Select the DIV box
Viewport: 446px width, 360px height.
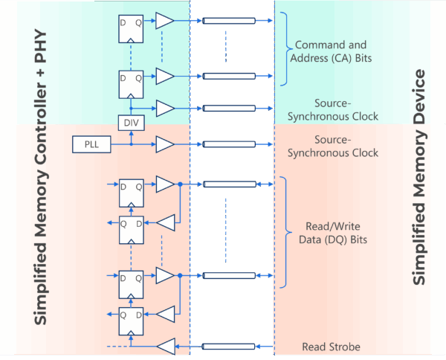[x=129, y=121]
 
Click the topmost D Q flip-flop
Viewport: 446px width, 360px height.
[x=131, y=28]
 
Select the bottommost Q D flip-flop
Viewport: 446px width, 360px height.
[x=131, y=321]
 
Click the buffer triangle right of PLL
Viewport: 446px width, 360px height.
[x=164, y=143]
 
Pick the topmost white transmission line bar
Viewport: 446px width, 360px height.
[x=228, y=21]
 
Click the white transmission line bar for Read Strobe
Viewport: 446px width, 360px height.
[x=228, y=346]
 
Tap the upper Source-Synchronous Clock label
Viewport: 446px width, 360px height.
[x=335, y=110]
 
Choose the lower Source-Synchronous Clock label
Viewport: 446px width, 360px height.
[x=335, y=147]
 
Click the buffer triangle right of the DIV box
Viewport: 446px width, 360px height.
[x=164, y=106]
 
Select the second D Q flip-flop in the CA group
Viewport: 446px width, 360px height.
[x=131, y=83]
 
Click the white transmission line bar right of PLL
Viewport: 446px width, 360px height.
[x=228, y=143]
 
